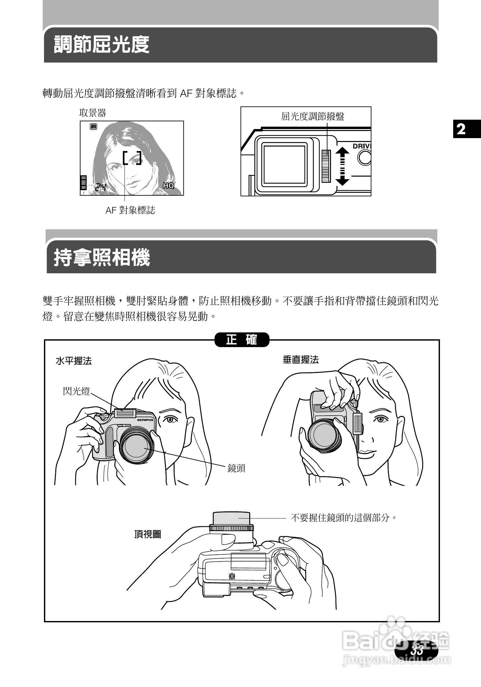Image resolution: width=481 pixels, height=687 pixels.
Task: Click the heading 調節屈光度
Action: click(x=102, y=44)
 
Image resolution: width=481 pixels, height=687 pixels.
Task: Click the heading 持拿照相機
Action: click(x=102, y=258)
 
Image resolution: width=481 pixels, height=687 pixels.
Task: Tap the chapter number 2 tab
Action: click(x=461, y=129)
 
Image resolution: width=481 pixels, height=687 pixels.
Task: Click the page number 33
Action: click(x=417, y=650)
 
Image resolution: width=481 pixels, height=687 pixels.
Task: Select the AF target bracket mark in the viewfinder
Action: click(x=132, y=158)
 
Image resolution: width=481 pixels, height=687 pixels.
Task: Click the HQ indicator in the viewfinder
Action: click(x=168, y=185)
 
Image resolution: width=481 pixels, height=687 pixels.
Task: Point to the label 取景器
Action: click(x=93, y=113)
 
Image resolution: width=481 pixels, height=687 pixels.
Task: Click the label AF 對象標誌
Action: click(x=130, y=211)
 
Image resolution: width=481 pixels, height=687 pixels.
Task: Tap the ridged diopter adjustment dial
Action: click(x=326, y=166)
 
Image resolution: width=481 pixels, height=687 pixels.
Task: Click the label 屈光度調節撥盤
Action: click(x=313, y=116)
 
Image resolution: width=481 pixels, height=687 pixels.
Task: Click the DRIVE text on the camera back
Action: click(x=361, y=146)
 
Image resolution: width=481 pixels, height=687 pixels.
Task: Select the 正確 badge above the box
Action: click(x=242, y=340)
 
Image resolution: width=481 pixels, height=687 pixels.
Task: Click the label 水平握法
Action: click(x=74, y=361)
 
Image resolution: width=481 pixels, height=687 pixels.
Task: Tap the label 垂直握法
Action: click(x=301, y=360)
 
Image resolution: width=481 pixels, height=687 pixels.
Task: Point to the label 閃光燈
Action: click(x=76, y=391)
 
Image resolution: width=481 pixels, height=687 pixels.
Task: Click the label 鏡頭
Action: click(x=236, y=468)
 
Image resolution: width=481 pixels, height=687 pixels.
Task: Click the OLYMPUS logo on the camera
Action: click(x=145, y=420)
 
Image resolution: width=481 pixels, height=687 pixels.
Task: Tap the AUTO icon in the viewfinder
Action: click(x=93, y=126)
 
